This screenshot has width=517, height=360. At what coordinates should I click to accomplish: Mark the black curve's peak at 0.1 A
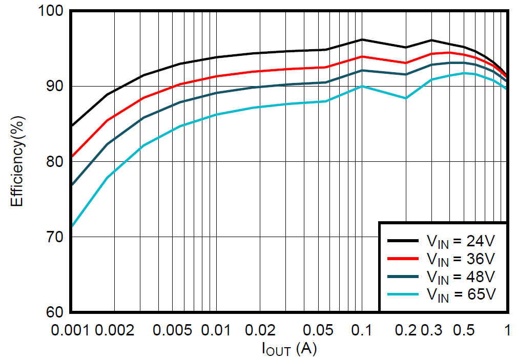[362, 39]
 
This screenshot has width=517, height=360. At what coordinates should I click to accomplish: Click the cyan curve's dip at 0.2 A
[406, 98]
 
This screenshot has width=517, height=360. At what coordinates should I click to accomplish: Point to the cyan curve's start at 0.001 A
[71, 226]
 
